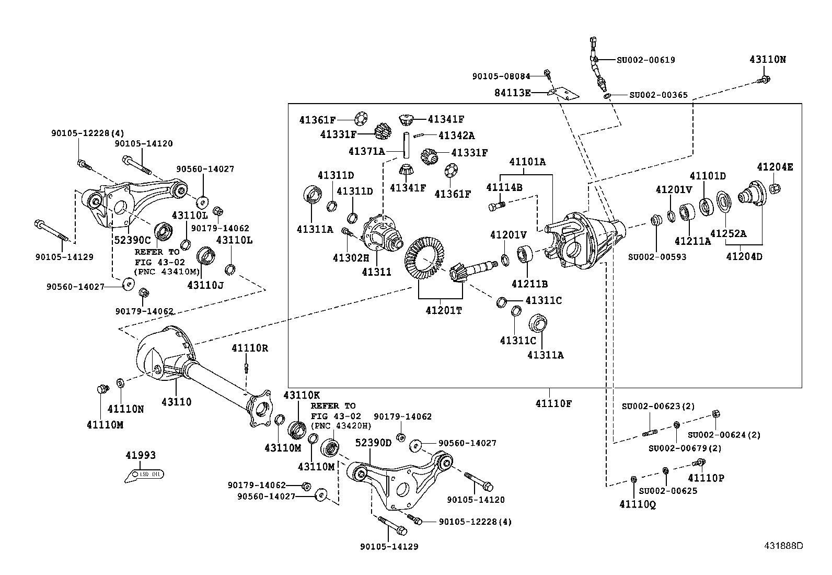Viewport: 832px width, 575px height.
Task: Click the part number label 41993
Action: click(141, 456)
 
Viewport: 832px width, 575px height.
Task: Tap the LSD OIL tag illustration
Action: click(145, 475)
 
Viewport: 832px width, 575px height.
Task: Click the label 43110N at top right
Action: click(767, 60)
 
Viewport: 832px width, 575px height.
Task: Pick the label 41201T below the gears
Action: click(444, 310)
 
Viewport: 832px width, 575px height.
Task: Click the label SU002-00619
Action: click(645, 60)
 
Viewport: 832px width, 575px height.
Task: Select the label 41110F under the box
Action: click(553, 403)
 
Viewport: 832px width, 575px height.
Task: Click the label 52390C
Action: click(132, 240)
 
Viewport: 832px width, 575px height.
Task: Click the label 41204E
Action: click(775, 167)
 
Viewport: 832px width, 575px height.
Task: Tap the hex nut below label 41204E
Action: click(775, 187)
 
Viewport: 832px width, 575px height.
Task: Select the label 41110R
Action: click(250, 348)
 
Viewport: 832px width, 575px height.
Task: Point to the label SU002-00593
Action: click(657, 257)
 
